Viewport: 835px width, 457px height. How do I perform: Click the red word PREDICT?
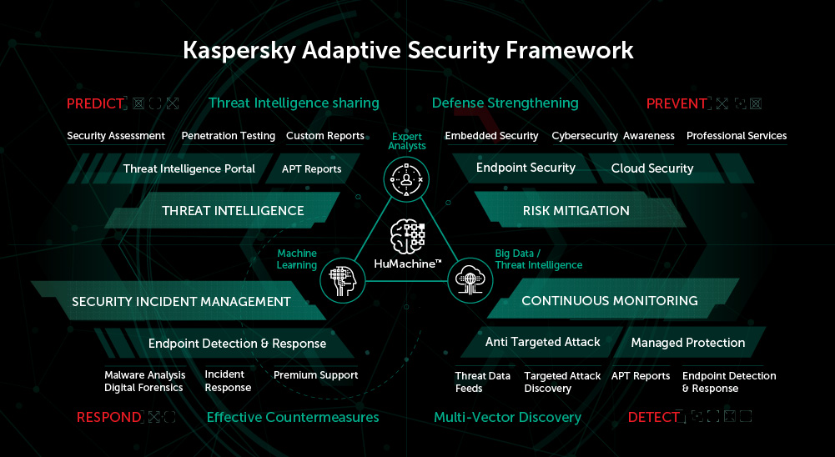coord(95,103)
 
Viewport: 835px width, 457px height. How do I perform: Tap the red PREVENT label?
coord(677,103)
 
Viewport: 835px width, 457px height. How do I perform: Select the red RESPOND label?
coord(108,417)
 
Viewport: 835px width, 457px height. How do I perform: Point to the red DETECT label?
coord(653,417)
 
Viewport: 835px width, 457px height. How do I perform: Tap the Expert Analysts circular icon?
coord(406,178)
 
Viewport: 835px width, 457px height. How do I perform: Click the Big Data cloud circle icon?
coord(470,281)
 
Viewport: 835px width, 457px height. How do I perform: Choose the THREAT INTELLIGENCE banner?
coord(233,211)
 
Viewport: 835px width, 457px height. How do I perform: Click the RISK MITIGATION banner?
coord(576,211)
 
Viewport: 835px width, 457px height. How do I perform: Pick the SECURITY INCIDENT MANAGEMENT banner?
coord(181,302)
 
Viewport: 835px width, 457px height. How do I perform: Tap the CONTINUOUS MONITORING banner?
coord(609,301)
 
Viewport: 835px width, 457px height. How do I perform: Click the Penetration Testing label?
coord(228,136)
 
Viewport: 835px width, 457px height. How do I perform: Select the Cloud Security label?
coord(651,168)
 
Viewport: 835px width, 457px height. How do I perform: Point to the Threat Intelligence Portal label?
coord(189,169)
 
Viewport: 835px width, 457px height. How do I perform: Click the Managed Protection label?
coord(687,343)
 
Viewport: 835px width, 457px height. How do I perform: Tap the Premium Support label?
coord(315,375)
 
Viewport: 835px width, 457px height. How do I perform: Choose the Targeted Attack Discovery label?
coord(562,382)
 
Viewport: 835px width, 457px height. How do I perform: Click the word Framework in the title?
coord(570,50)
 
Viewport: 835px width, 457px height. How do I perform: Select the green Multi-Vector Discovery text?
coord(507,417)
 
